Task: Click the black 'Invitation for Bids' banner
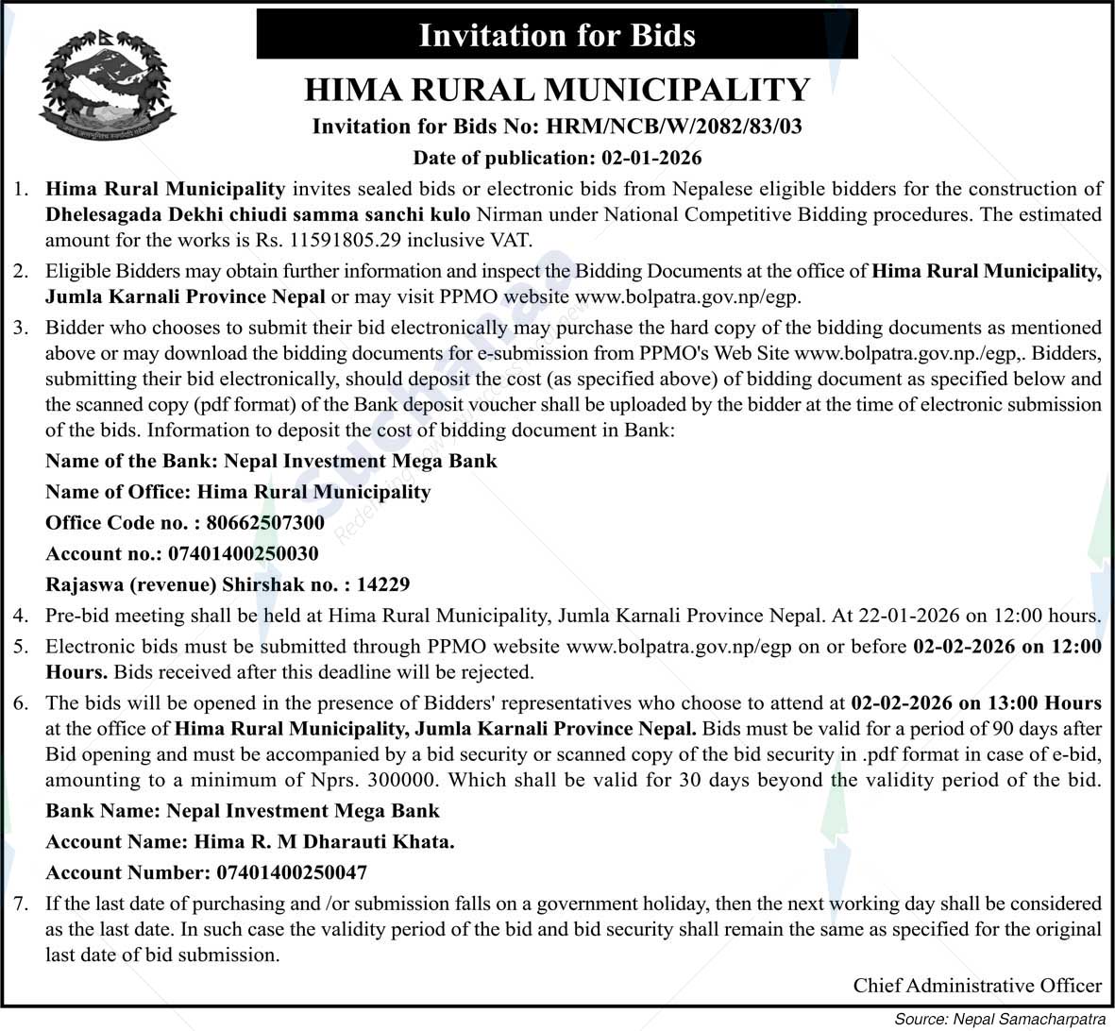(556, 35)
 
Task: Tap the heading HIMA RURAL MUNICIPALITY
(556, 90)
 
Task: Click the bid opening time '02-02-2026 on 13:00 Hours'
(975, 703)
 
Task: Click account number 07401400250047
(292, 873)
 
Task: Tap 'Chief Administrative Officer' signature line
(976, 986)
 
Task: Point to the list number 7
(21, 904)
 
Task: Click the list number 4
(21, 616)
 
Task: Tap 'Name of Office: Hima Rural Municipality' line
(238, 492)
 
